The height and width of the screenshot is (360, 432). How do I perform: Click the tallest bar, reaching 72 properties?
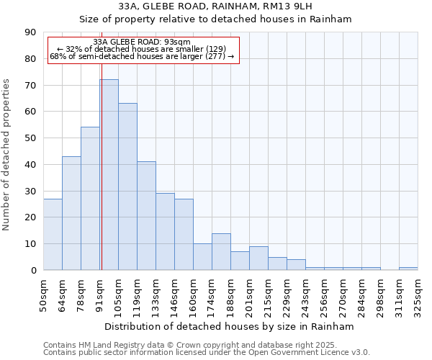click(x=109, y=175)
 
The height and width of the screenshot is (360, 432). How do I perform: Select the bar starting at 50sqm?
click(x=53, y=234)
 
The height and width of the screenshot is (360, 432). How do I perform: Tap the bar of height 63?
click(x=127, y=186)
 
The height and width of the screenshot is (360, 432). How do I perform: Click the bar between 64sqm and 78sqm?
click(x=71, y=213)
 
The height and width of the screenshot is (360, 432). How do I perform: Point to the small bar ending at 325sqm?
click(x=408, y=269)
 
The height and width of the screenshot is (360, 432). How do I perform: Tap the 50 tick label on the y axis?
click(x=30, y=138)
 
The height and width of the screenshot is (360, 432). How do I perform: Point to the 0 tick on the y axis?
click(x=33, y=271)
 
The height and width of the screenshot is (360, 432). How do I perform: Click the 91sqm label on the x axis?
click(x=99, y=294)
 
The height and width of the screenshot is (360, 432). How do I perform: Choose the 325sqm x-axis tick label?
click(x=418, y=294)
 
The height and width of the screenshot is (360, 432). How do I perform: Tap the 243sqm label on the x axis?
click(x=305, y=294)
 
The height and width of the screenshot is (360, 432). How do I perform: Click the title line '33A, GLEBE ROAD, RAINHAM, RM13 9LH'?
click(x=215, y=6)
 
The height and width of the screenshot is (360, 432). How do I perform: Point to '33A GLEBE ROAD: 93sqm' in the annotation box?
click(x=142, y=42)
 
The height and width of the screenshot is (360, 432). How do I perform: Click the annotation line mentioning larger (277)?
click(x=142, y=56)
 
